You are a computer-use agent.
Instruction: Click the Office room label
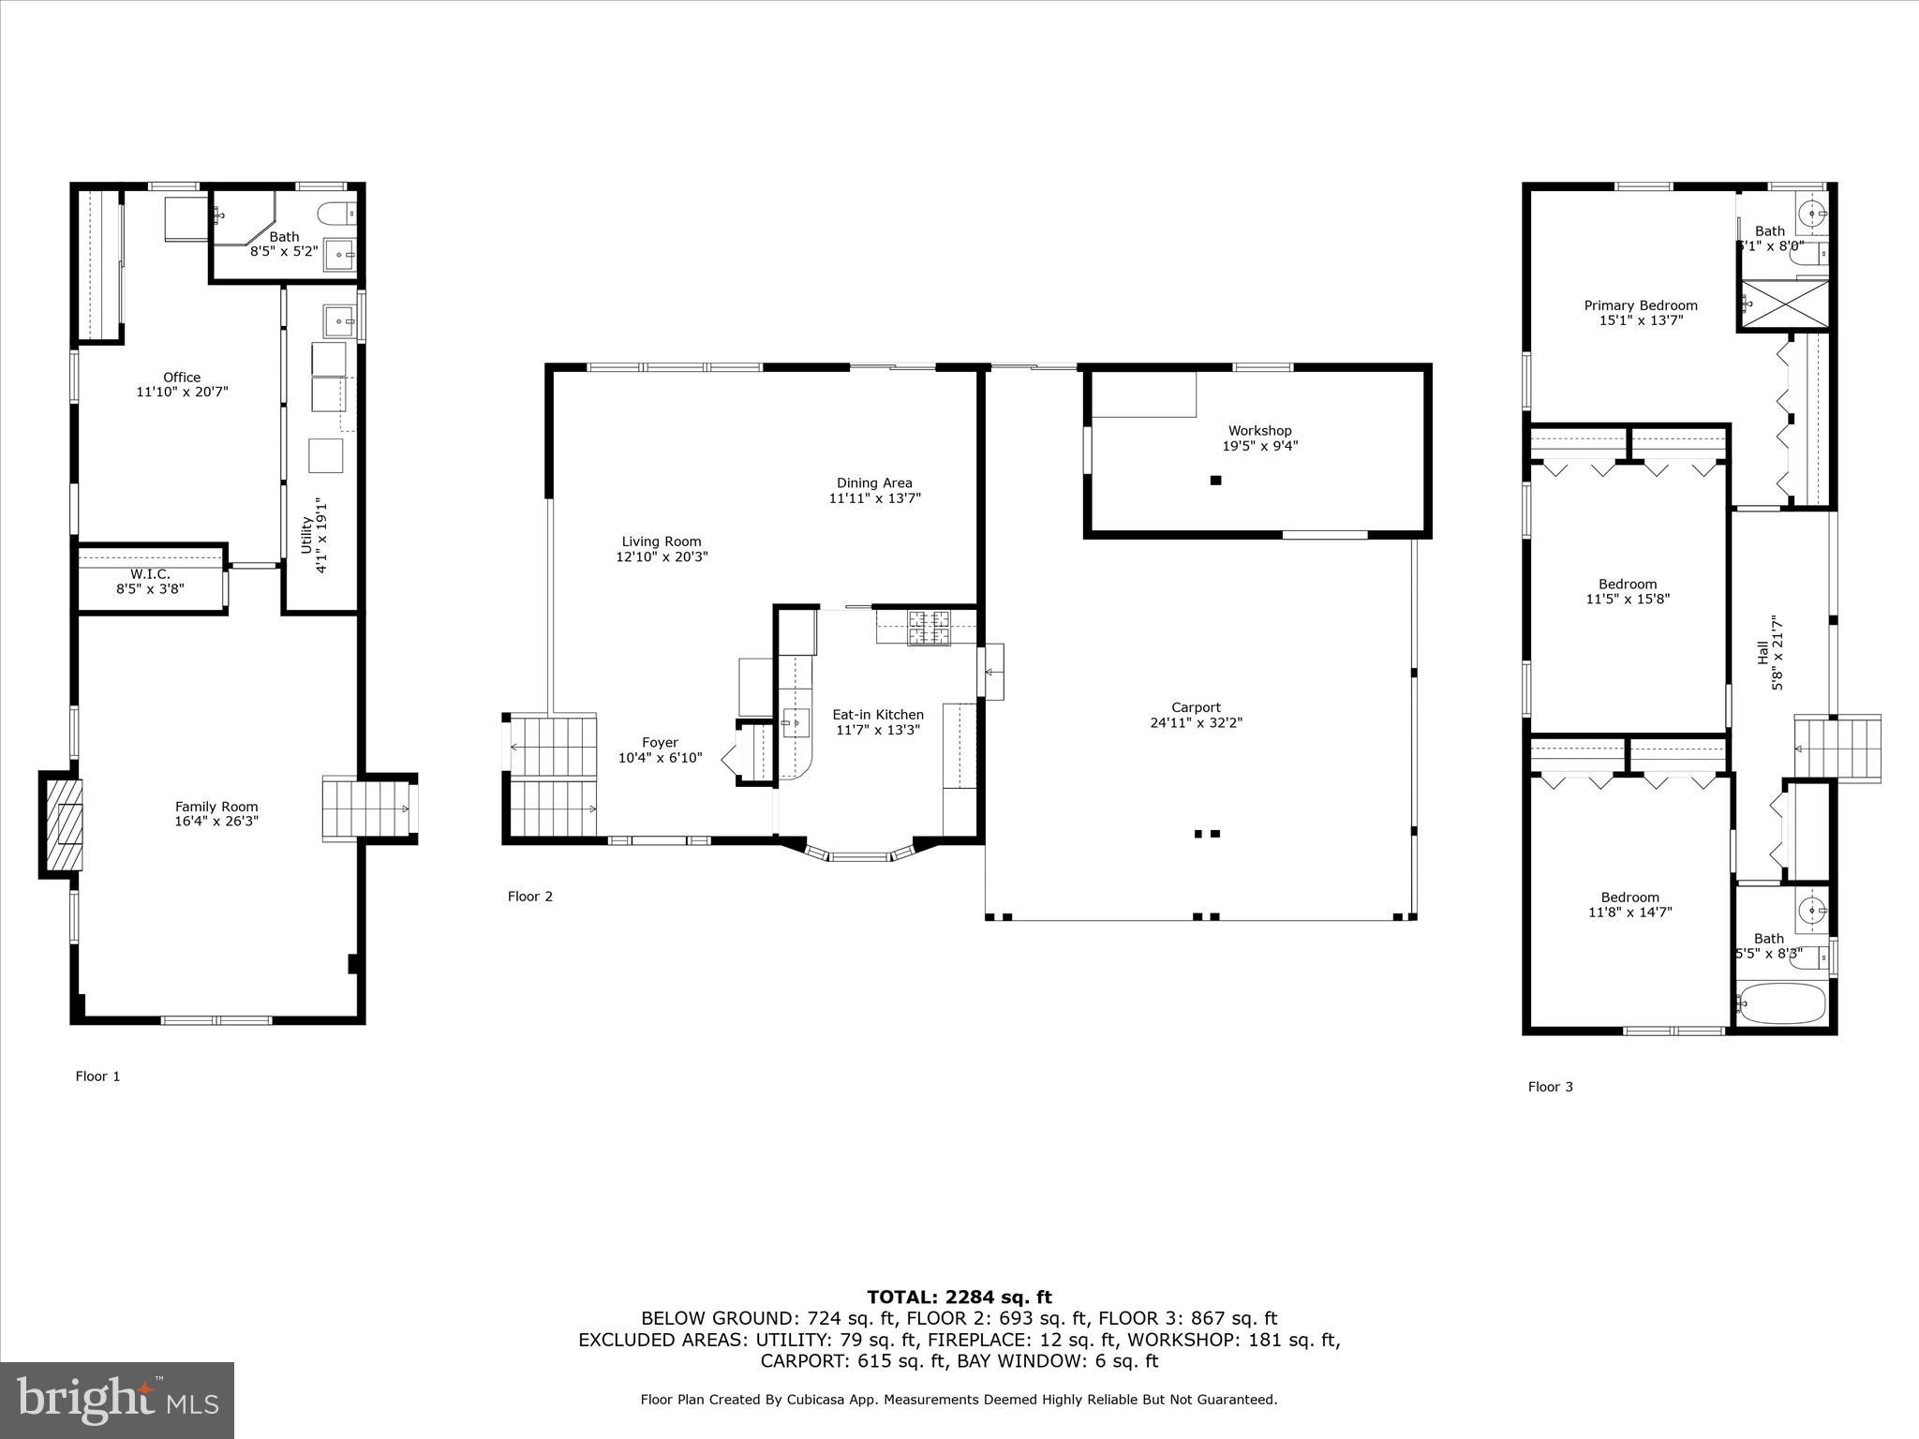click(182, 378)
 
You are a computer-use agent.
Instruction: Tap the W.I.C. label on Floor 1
click(150, 574)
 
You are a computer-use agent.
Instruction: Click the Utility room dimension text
click(321, 536)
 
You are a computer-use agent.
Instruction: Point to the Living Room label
click(661, 541)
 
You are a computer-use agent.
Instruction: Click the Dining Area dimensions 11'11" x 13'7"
click(874, 498)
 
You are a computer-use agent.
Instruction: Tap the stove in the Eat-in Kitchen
click(928, 627)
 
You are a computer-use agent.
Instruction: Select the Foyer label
click(660, 743)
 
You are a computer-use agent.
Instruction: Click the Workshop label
click(1259, 431)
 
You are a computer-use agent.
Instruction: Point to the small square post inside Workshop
click(1215, 481)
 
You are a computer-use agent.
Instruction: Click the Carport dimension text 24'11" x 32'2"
click(1196, 722)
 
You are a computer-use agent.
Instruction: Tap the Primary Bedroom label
click(1640, 305)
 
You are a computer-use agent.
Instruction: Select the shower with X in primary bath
click(1784, 304)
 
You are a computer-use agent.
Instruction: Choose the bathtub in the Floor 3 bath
click(1782, 1003)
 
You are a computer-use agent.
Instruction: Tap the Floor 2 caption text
click(530, 897)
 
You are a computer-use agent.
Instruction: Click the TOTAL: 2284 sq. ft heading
click(959, 1298)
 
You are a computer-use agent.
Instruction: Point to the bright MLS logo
click(117, 1400)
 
